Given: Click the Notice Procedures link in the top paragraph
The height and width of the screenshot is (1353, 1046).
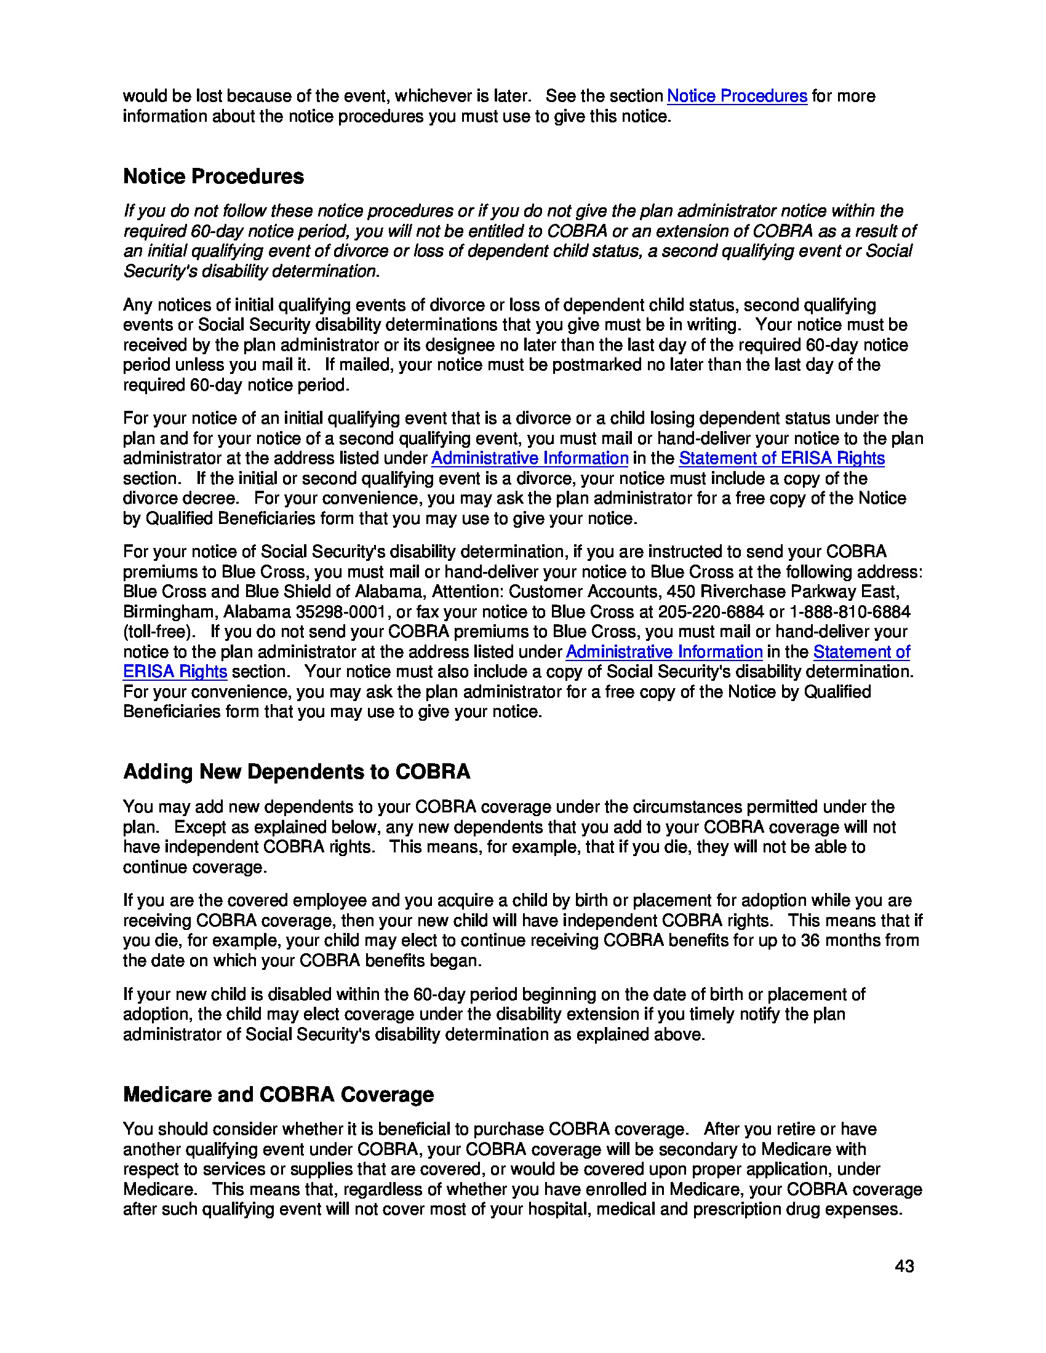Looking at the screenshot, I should [736, 96].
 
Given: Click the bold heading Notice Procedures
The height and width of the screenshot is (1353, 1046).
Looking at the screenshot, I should [213, 177].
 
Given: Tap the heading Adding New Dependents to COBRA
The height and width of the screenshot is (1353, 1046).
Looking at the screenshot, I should [296, 772].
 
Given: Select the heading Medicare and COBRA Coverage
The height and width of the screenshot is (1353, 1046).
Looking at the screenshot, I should [278, 1095].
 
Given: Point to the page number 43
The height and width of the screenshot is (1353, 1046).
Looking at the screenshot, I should [904, 1266].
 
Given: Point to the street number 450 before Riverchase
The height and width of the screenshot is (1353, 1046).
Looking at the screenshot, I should [680, 592].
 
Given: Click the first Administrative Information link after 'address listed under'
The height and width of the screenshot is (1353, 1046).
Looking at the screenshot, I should [529, 458].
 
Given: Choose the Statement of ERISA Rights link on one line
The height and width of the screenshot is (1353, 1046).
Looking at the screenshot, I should [781, 458].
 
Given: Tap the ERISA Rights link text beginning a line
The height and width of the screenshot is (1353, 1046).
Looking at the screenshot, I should [175, 672].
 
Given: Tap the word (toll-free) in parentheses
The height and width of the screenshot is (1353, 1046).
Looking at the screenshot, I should [159, 632].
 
